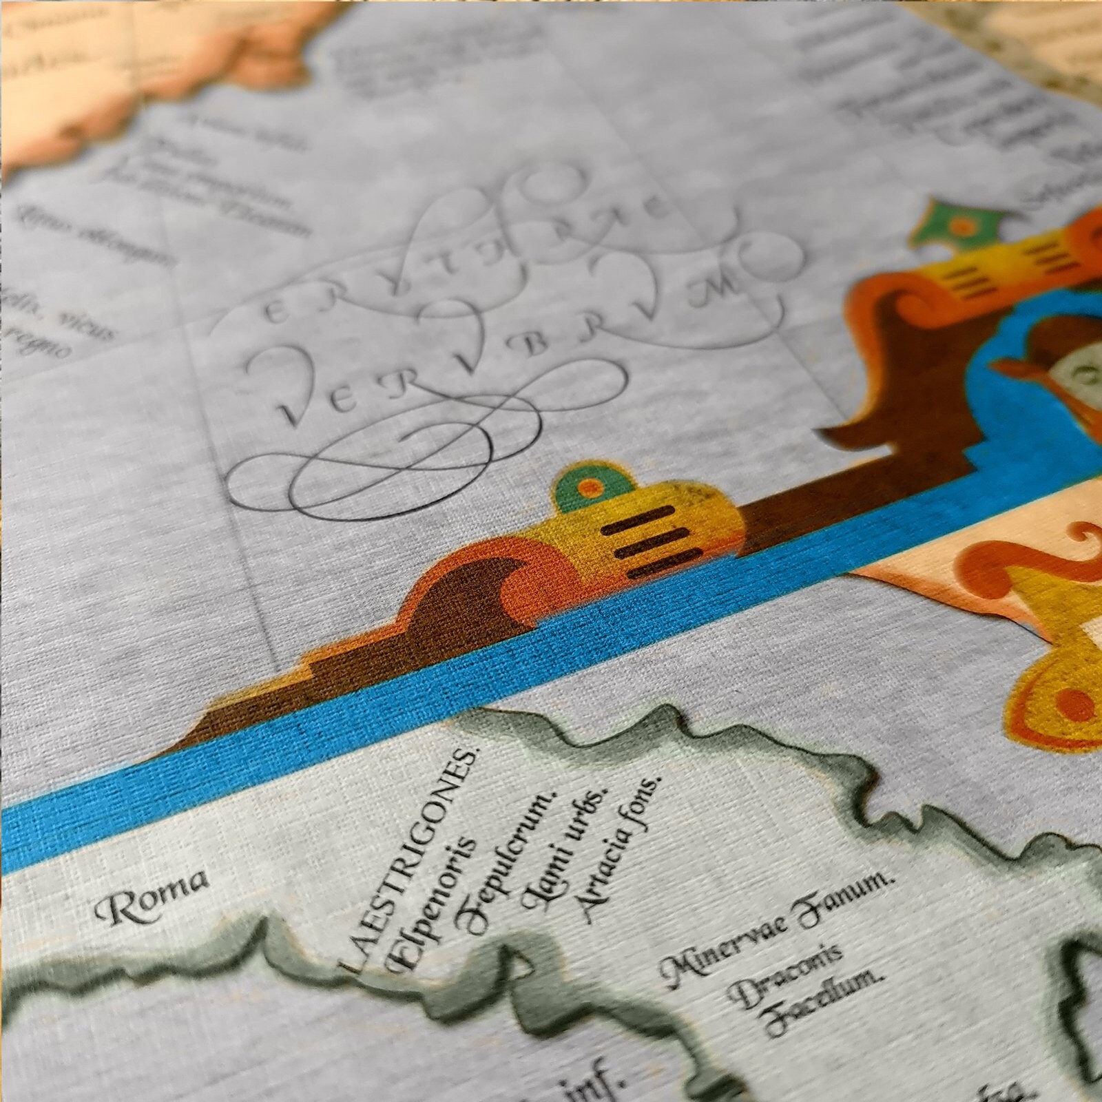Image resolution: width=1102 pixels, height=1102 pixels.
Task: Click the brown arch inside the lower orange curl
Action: point(475,599)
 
